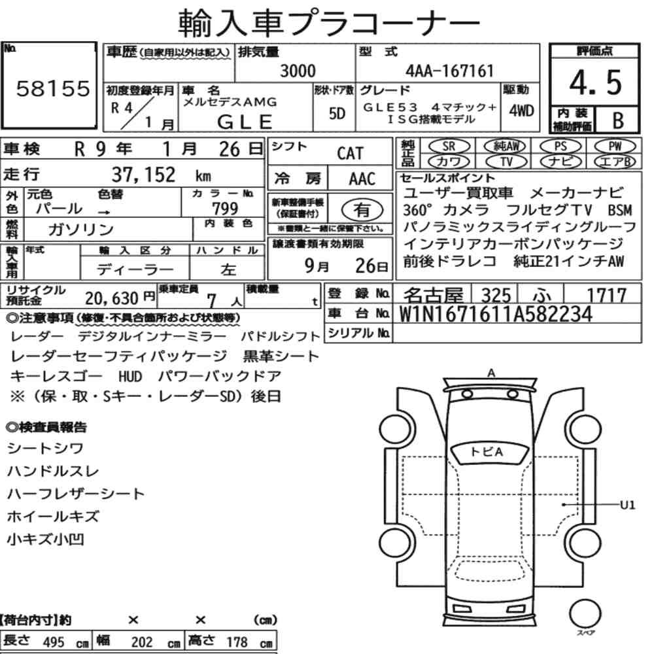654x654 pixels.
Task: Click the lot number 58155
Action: [x=53, y=88]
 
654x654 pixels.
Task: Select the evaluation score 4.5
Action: [x=596, y=82]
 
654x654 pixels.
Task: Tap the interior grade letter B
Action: [x=618, y=120]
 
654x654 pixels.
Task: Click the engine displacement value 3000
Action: [x=298, y=71]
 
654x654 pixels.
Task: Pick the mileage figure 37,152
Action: [x=143, y=175]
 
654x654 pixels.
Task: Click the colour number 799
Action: [x=225, y=208]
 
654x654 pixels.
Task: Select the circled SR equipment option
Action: [x=449, y=146]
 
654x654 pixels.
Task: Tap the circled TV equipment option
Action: [x=506, y=162]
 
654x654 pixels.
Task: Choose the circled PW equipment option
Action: [x=615, y=146]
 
